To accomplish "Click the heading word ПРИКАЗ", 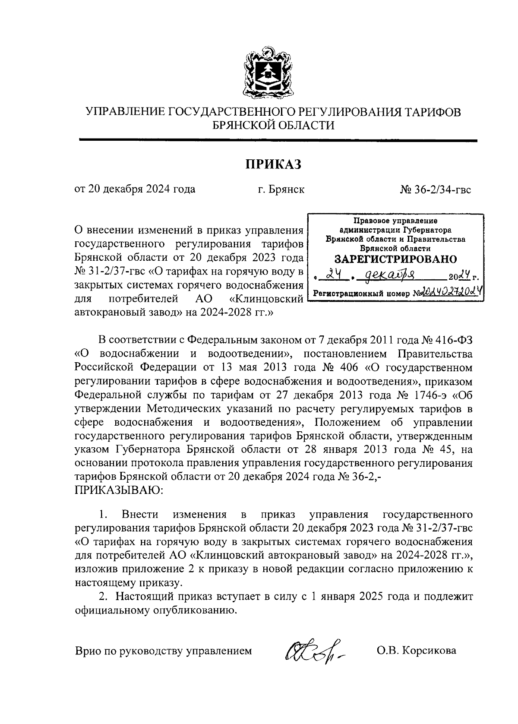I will click(x=273, y=164).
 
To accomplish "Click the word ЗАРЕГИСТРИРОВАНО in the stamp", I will click(x=395, y=259).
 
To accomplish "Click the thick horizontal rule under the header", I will click(x=278, y=140).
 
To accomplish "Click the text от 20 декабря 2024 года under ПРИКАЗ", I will click(x=135, y=189).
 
